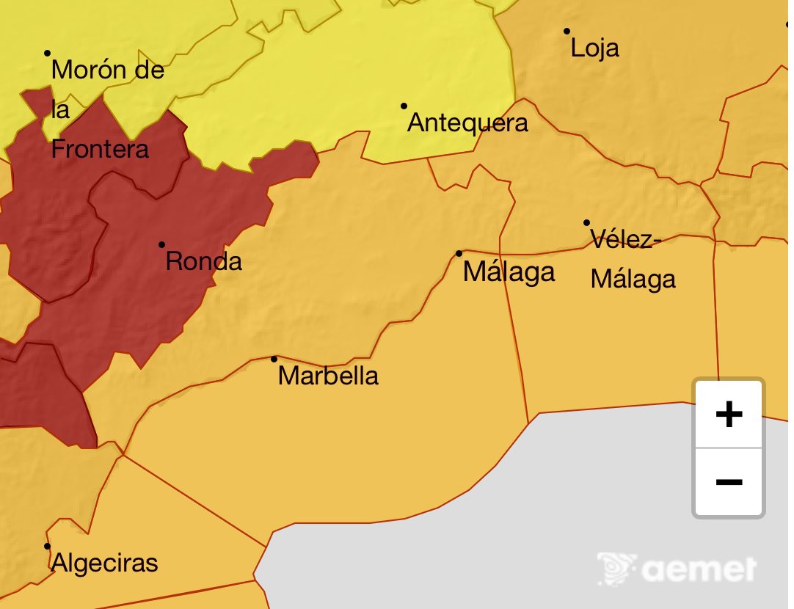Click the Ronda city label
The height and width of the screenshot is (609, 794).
pyautogui.click(x=203, y=261)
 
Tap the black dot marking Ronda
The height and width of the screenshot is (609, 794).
pyautogui.click(x=161, y=244)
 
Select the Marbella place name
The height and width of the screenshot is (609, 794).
pyautogui.click(x=329, y=376)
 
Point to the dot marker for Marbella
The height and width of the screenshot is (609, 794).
pyautogui.click(x=274, y=359)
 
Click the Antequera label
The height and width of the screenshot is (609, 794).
pyautogui.click(x=467, y=123)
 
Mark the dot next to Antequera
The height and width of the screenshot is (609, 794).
pyautogui.click(x=404, y=106)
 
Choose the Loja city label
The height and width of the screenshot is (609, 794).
pyautogui.click(x=594, y=48)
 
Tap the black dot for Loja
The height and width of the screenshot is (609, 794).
pyautogui.click(x=567, y=31)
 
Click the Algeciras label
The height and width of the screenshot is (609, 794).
pyautogui.click(x=104, y=563)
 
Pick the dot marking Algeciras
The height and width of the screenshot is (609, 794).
pyautogui.click(x=47, y=546)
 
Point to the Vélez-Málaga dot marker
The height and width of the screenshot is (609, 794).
pyautogui.click(x=586, y=222)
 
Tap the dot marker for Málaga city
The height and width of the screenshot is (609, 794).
pyautogui.click(x=459, y=253)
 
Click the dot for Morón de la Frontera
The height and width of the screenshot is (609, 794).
pyautogui.click(x=47, y=53)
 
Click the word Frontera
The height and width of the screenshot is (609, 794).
pyautogui.click(x=100, y=149)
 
